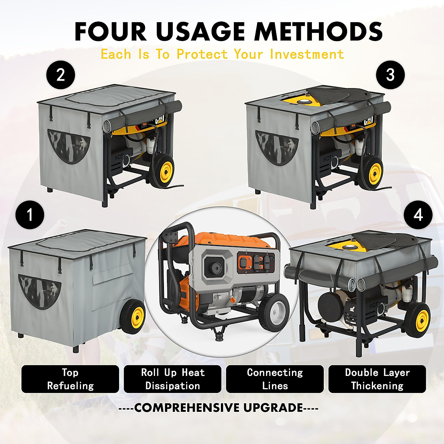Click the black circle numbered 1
(30, 215)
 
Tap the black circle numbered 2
(61, 75)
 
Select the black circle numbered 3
(390, 75)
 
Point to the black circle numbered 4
(418, 215)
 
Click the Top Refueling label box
(70, 379)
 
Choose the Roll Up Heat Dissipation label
(172, 379)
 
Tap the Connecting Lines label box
(275, 379)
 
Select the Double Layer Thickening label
(377, 379)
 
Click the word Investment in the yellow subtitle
(307, 54)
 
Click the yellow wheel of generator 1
(137, 316)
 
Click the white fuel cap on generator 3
(306, 101)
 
